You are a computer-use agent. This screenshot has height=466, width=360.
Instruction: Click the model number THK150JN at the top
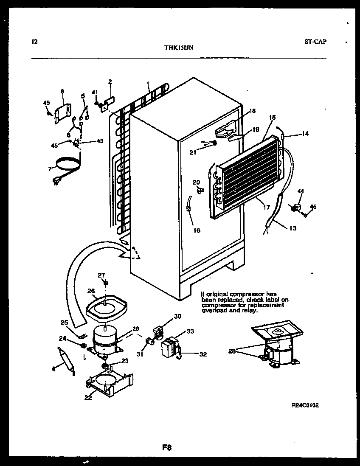click(x=179, y=48)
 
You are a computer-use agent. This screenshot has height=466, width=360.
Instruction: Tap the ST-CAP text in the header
click(x=315, y=42)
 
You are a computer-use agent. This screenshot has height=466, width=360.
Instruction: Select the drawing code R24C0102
click(x=305, y=405)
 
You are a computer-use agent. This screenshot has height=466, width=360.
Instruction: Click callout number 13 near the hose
click(x=292, y=228)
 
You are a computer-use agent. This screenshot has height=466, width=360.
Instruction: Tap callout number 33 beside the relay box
click(x=190, y=331)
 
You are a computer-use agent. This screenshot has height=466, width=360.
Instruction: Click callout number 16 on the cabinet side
click(x=197, y=230)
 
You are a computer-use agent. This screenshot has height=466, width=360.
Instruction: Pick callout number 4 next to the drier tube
click(x=53, y=368)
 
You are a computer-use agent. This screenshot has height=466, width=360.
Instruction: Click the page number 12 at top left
click(x=35, y=42)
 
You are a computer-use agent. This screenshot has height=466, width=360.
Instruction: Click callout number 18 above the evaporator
click(x=253, y=111)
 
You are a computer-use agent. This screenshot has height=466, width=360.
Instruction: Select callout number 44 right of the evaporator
click(x=301, y=192)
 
